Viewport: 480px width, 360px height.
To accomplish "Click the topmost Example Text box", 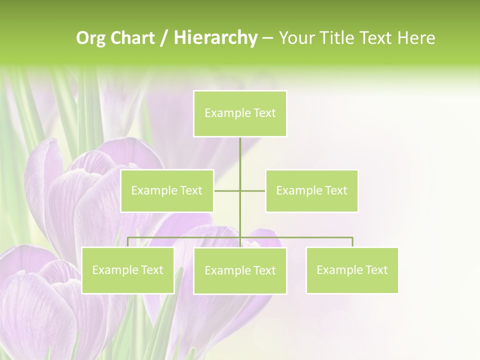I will click(240, 113).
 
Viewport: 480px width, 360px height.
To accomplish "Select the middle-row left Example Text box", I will click(167, 190).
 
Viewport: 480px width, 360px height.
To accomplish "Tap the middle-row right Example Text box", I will click(311, 190).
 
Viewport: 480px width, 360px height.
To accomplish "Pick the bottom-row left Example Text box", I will click(128, 270).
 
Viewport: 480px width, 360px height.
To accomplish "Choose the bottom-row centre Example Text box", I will click(240, 271).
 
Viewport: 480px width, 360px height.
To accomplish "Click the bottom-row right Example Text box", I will click(352, 270).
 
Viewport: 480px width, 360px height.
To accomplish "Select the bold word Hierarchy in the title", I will click(215, 38).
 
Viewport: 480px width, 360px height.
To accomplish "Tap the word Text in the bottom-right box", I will click(376, 270).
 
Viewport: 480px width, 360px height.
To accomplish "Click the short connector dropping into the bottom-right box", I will click(352, 242).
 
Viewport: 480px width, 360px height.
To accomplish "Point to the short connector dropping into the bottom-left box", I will click(128, 242).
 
